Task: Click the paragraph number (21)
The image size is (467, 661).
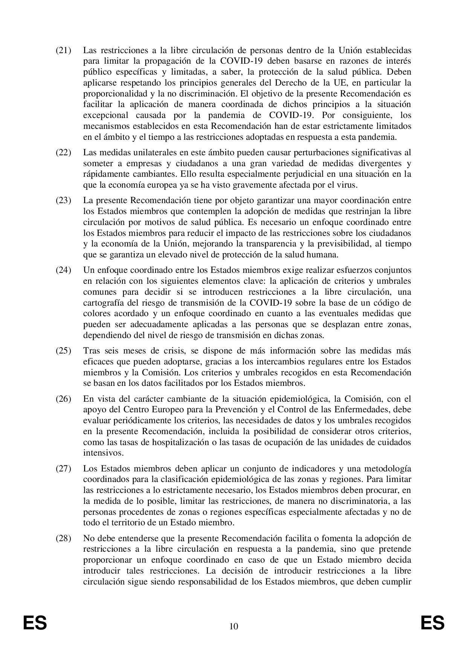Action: pos(63,50)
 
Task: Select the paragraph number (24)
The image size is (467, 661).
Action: pos(63,270)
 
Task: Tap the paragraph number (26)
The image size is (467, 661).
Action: pos(63,399)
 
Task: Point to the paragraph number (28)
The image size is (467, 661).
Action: pos(63,538)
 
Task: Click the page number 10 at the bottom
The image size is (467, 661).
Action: pos(233,626)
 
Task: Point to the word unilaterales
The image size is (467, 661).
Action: pos(143,153)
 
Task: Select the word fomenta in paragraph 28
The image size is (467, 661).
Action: pos(331,538)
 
